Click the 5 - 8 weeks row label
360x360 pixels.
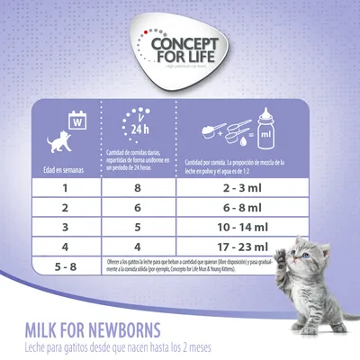tap(66, 266)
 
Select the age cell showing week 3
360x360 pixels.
tap(66, 227)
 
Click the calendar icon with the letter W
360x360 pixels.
tap(77, 118)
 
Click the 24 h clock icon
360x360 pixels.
tap(136, 126)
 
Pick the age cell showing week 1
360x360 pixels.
tap(66, 187)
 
